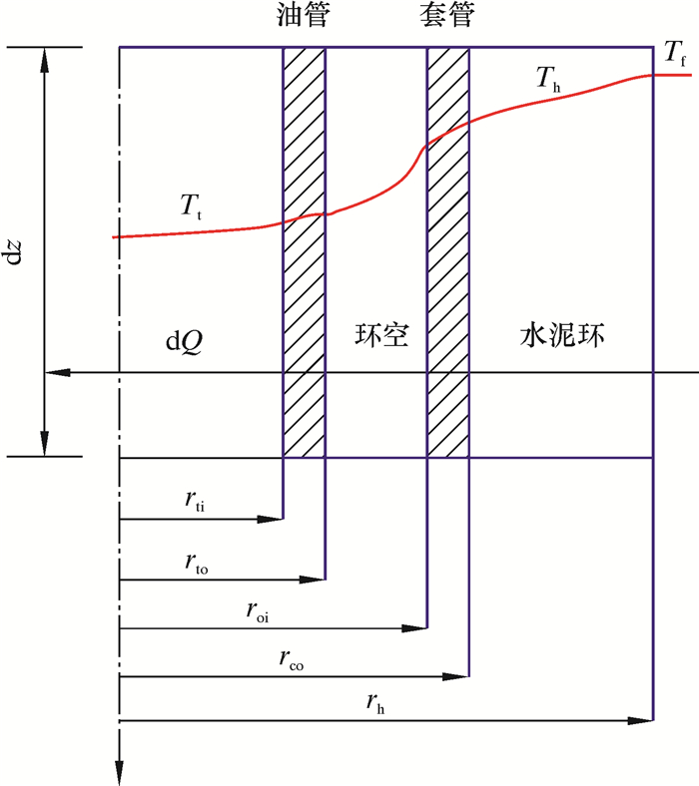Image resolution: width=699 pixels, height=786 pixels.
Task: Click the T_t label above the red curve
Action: click(x=191, y=206)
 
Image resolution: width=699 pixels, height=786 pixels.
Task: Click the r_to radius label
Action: click(x=196, y=563)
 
